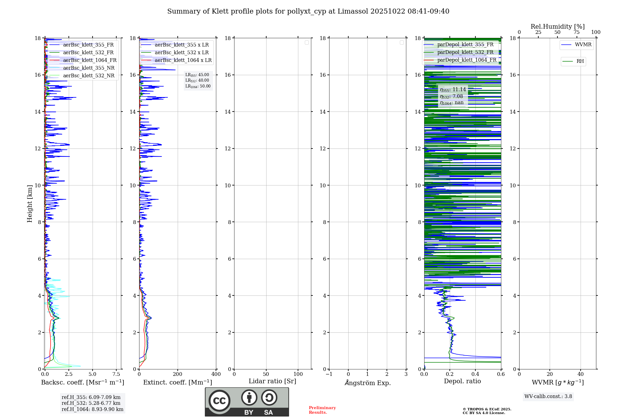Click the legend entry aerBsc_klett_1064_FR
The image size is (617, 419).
(89, 60)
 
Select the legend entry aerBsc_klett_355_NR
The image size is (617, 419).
(89, 68)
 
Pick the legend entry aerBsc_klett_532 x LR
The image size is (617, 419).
(181, 53)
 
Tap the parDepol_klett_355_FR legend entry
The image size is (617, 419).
(465, 45)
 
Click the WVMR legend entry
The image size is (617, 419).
(583, 45)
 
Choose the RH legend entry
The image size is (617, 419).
(580, 61)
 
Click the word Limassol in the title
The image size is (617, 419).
(353, 11)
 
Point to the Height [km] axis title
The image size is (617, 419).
(30, 204)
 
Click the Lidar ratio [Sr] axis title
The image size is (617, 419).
(272, 381)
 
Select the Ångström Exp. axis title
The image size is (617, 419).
(367, 383)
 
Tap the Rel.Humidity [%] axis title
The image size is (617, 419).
(557, 26)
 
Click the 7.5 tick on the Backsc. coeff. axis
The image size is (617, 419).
(116, 374)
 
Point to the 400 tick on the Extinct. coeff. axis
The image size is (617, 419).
(216, 374)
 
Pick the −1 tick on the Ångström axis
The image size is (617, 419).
(329, 374)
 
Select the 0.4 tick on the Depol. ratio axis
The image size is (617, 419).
(475, 374)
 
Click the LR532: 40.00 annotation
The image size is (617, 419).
(197, 80)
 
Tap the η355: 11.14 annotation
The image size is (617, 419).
(453, 90)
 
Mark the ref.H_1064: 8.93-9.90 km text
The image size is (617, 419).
(92, 409)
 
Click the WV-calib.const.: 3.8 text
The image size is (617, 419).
(548, 397)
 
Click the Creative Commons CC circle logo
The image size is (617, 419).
(219, 401)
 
